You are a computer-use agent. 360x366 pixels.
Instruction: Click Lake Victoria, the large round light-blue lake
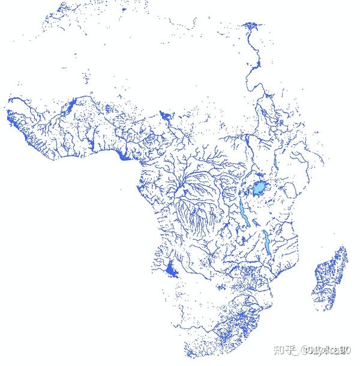pyautogui.click(x=259, y=188)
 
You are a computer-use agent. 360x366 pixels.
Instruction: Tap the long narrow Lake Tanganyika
pyautogui.click(x=241, y=210)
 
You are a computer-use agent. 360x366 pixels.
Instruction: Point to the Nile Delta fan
pyautogui.click(x=250, y=26)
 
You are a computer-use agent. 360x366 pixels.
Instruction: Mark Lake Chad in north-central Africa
pyautogui.click(x=166, y=113)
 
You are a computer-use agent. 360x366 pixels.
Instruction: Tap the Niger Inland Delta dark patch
pyautogui.click(x=73, y=106)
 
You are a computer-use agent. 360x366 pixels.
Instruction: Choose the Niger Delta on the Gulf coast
pyautogui.click(x=124, y=157)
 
